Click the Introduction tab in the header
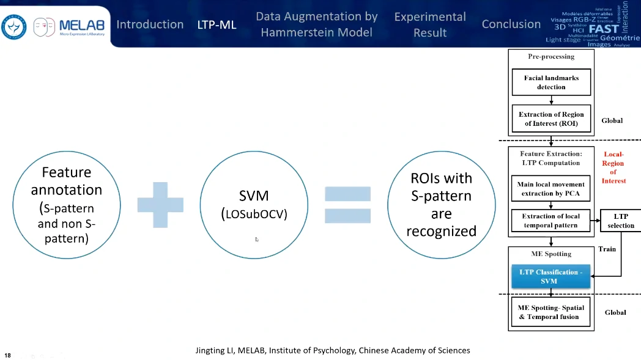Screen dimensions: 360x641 tap(150, 24)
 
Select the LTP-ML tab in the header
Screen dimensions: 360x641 tap(217, 25)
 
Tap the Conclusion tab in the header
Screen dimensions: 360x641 tap(511, 24)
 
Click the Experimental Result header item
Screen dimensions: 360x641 tap(429, 24)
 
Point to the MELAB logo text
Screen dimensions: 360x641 tap(81, 26)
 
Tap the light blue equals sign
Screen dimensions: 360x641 tap(347, 205)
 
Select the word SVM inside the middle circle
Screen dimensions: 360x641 tap(245, 196)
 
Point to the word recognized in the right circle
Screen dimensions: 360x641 tap(441, 231)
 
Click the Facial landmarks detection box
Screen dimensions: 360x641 tap(551, 83)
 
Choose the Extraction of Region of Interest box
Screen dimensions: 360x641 tap(551, 119)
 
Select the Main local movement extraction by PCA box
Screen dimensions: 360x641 tap(551, 188)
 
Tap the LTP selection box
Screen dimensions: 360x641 tap(620, 221)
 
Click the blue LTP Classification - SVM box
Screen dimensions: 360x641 tap(551, 276)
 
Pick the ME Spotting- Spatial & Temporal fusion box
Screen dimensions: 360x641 tap(551, 312)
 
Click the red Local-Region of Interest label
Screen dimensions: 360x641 tap(613, 167)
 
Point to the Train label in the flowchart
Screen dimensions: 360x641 tap(607, 249)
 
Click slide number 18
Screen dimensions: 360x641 tap(8, 354)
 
